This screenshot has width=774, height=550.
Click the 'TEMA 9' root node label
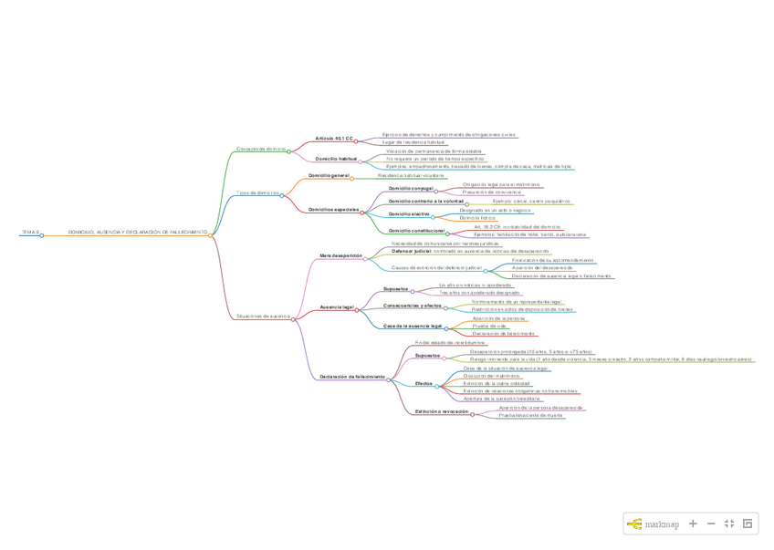[31, 233]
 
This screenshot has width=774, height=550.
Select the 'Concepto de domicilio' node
[260, 149]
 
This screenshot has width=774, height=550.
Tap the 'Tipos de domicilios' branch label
[257, 192]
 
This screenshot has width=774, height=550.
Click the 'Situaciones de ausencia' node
[263, 317]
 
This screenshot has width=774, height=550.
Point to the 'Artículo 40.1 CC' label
[334, 139]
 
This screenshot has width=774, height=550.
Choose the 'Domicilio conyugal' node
[411, 188]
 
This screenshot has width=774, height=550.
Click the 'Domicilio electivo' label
[409, 213]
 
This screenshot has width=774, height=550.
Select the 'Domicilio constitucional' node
[417, 231]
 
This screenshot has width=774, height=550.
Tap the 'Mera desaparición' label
[340, 255]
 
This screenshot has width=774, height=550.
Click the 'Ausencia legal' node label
[336, 307]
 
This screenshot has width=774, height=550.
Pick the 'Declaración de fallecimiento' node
[352, 377]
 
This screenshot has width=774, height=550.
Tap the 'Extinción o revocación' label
[442, 411]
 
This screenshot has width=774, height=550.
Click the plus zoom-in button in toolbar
[693, 524]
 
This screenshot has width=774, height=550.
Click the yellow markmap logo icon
[634, 524]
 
